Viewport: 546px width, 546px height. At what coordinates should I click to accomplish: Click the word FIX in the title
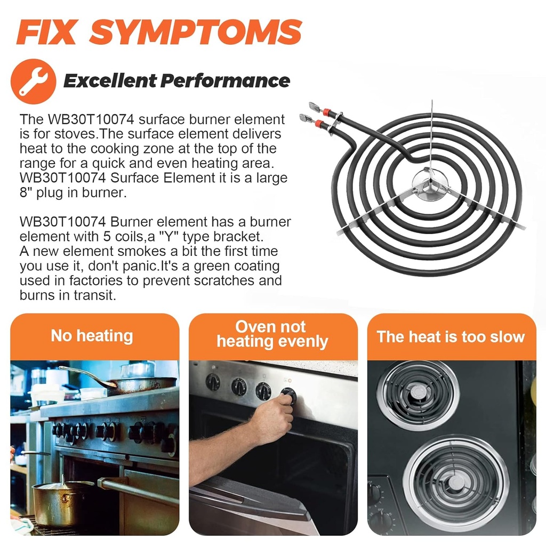pyautogui.click(x=46, y=32)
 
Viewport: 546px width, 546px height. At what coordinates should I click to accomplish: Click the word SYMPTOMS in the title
pyautogui.click(x=196, y=32)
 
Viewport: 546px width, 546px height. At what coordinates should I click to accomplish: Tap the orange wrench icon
pyautogui.click(x=34, y=81)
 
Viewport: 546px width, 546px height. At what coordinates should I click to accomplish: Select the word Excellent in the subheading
pyautogui.click(x=110, y=81)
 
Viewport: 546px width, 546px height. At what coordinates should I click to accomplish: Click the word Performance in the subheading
pyautogui.click(x=226, y=81)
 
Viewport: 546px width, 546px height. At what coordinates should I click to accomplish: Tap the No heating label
pyautogui.click(x=92, y=336)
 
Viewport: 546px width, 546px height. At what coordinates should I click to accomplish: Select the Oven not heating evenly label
pyautogui.click(x=272, y=334)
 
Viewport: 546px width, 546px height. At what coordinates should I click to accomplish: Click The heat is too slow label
pyautogui.click(x=451, y=337)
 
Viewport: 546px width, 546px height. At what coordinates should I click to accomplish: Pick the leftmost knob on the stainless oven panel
pyautogui.click(x=213, y=382)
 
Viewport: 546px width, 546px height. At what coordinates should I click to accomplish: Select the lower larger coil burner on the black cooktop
pyautogui.click(x=456, y=482)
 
